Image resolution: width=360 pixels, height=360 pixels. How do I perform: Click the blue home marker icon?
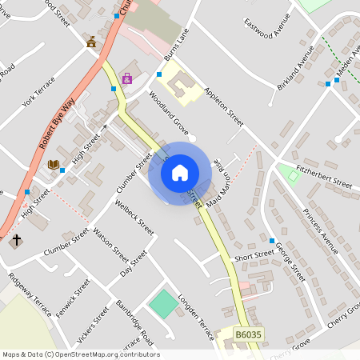179,172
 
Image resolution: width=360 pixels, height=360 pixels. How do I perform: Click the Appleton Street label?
223,107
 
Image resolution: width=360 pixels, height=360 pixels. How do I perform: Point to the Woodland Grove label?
168,113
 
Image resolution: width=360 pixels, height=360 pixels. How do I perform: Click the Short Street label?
254,257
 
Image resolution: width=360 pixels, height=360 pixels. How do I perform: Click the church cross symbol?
15,240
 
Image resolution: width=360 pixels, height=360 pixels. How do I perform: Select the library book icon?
53,164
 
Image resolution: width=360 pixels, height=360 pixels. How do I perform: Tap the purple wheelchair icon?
127,78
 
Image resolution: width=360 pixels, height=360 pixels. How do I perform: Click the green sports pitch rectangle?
163,302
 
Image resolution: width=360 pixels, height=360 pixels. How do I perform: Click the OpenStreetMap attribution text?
81,354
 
